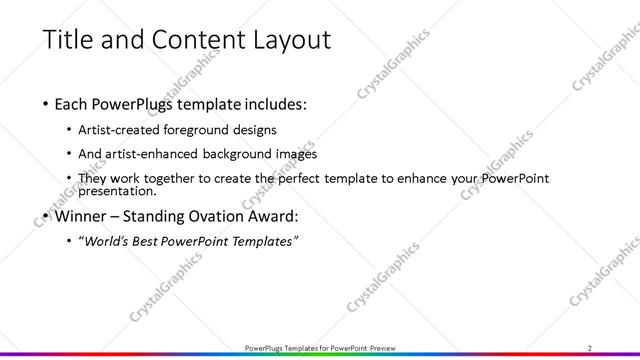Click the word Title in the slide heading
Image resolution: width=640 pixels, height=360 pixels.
[x=68, y=40]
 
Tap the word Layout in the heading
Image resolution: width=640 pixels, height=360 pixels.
[x=284, y=40]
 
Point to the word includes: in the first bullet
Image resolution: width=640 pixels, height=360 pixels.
[x=269, y=103]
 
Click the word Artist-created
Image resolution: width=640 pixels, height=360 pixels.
[x=124, y=130]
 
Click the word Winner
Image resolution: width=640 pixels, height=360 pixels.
[x=81, y=215]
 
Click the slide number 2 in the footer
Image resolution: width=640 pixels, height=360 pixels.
[x=589, y=347]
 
